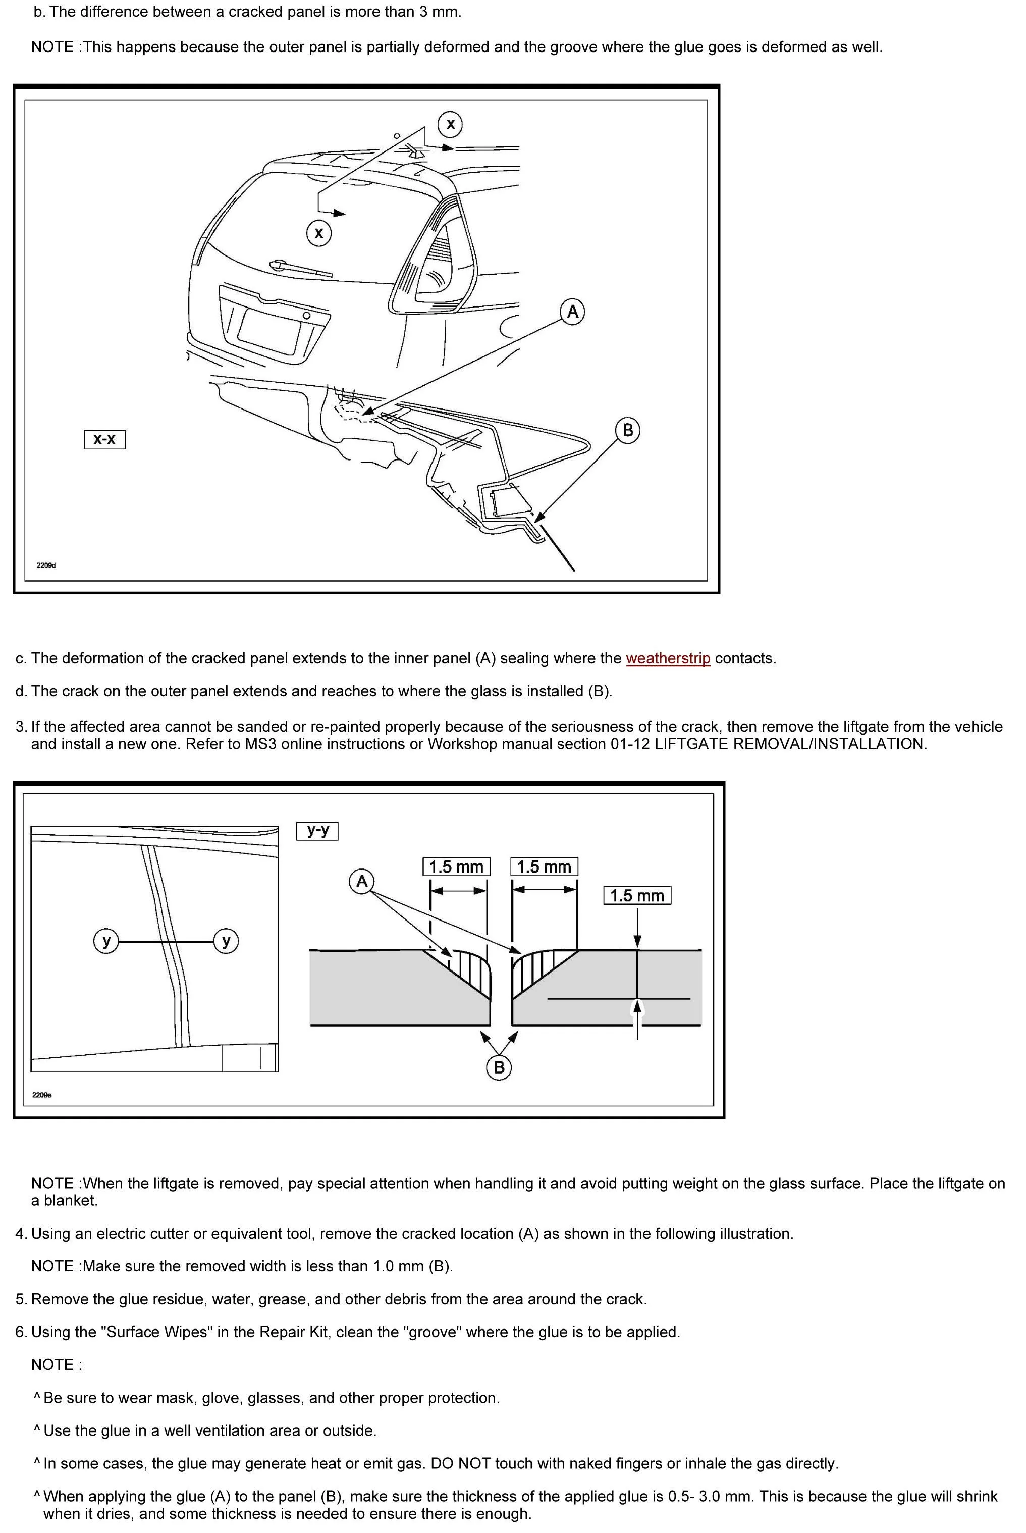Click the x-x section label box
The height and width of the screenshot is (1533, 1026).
[104, 439]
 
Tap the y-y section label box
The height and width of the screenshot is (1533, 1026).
[317, 831]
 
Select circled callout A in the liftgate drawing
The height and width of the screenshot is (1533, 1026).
[572, 312]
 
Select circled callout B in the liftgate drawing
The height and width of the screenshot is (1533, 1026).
[627, 430]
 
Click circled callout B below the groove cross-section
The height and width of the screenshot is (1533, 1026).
[499, 1067]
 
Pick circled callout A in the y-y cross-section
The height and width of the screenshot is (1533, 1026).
[362, 881]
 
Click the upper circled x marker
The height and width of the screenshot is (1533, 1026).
[450, 124]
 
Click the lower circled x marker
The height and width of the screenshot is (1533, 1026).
[318, 232]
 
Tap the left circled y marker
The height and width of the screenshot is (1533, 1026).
[106, 941]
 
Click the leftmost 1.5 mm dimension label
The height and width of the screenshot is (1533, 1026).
[456, 866]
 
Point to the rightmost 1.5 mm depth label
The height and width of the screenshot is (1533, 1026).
[637, 895]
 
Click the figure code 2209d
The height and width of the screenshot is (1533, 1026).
[46, 565]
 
